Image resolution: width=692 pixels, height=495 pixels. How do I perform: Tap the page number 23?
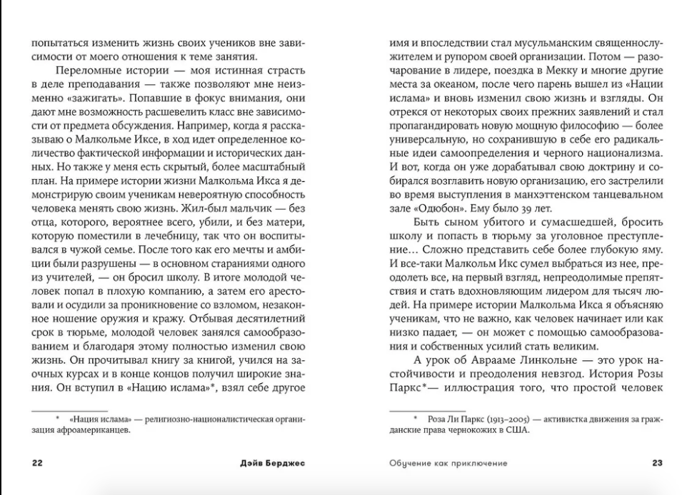[x=658, y=463]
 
